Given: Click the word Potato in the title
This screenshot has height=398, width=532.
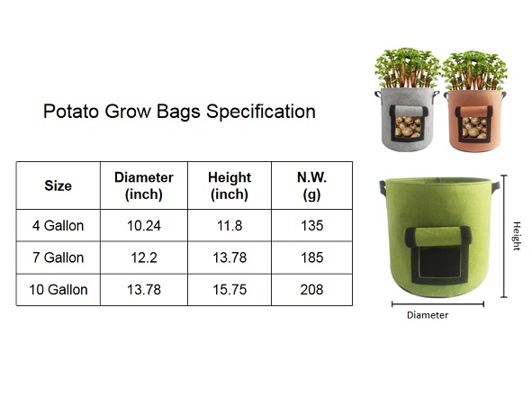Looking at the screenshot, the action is pyautogui.click(x=71, y=112).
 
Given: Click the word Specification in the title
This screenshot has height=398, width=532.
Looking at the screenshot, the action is pyautogui.click(x=261, y=112).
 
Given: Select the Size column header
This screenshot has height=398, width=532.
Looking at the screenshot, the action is pyautogui.click(x=58, y=185).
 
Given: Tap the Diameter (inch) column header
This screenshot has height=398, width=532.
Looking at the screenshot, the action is pyautogui.click(x=144, y=185).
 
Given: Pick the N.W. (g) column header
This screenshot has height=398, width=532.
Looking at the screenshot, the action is pyautogui.click(x=311, y=185).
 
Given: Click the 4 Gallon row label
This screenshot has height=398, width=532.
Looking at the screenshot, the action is pyautogui.click(x=58, y=226).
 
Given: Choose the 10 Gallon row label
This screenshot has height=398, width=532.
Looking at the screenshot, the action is pyautogui.click(x=58, y=290).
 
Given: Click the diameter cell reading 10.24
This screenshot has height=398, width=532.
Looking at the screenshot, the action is pyautogui.click(x=144, y=226).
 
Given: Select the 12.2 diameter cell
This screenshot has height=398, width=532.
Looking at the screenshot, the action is pyautogui.click(x=144, y=258).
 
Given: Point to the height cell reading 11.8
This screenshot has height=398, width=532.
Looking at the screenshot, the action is pyautogui.click(x=230, y=226).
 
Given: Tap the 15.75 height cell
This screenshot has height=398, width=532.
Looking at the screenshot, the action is pyautogui.click(x=230, y=290).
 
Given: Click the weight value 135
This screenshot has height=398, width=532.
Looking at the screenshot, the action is pyautogui.click(x=311, y=226).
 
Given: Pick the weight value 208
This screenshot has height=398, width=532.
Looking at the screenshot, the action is pyautogui.click(x=311, y=290).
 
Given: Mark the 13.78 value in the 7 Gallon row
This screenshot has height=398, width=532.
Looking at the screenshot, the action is pyautogui.click(x=230, y=258).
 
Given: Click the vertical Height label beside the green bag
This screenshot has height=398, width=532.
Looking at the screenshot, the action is pyautogui.click(x=517, y=236).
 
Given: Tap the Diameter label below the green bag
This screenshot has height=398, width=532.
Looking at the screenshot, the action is pyautogui.click(x=428, y=315).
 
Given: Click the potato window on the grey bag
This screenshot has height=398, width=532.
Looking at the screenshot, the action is pyautogui.click(x=408, y=126).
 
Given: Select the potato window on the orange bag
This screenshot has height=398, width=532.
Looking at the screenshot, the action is pyautogui.click(x=474, y=127).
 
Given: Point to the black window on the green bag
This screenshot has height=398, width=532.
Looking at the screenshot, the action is pyautogui.click(x=439, y=262).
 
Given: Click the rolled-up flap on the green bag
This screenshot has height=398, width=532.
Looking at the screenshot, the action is pyautogui.click(x=438, y=236).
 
